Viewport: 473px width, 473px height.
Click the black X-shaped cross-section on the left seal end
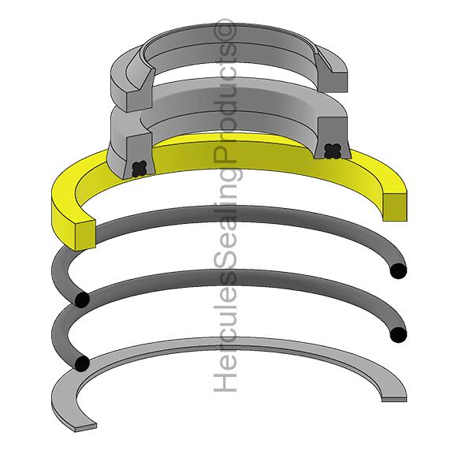point(140,168)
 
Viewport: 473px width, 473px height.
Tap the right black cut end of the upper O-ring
point(399,271)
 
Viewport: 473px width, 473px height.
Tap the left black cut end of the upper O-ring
point(80,300)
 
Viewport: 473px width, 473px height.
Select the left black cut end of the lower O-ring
point(80,363)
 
